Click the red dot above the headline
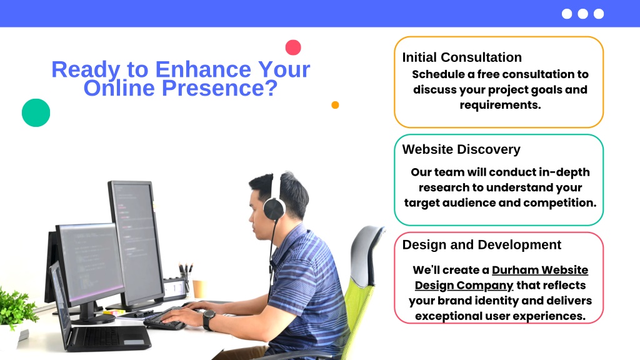(x=293, y=47)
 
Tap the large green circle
(x=36, y=112)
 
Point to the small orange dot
(x=335, y=105)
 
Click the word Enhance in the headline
(x=203, y=69)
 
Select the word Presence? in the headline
(x=219, y=87)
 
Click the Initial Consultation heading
(x=462, y=57)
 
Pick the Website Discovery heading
(x=461, y=149)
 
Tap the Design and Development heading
(x=482, y=244)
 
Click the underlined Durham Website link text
(x=540, y=270)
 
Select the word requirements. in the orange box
(x=501, y=105)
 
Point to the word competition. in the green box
(x=559, y=203)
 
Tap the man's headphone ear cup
(x=274, y=209)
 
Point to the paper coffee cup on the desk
(x=199, y=289)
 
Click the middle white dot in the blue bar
(x=583, y=14)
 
